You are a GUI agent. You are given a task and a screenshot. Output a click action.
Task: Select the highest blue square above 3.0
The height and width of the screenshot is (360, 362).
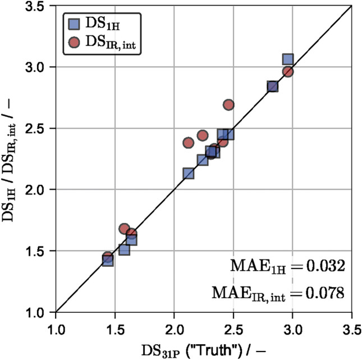[288, 60]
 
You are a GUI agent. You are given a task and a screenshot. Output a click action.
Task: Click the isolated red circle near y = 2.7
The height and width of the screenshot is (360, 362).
[228, 105]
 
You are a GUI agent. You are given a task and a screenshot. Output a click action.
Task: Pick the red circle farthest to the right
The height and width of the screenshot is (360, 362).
[288, 72]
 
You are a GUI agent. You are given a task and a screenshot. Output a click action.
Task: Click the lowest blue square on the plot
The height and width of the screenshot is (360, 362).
[108, 261]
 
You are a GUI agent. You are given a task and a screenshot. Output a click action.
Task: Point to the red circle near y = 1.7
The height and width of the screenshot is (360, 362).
[125, 229]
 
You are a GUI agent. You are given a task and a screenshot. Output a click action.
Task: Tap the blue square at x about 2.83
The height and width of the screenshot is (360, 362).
[273, 86]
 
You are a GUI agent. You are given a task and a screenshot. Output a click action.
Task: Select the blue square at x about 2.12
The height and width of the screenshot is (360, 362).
[189, 174]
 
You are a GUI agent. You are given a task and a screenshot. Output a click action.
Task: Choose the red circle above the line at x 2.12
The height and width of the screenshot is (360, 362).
[189, 143]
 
